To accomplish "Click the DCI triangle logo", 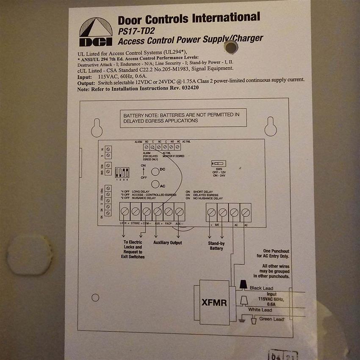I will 95,32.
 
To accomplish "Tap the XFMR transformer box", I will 214,303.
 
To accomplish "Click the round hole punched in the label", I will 231,47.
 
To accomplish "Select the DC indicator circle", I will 155,172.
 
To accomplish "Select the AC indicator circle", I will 155,185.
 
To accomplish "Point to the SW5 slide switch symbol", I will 219,163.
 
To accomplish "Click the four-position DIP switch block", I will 122,173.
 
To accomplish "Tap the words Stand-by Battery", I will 216,246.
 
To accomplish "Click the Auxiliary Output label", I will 167,243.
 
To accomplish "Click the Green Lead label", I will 271,319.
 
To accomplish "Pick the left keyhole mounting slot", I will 97,127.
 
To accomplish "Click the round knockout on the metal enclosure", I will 30,255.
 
